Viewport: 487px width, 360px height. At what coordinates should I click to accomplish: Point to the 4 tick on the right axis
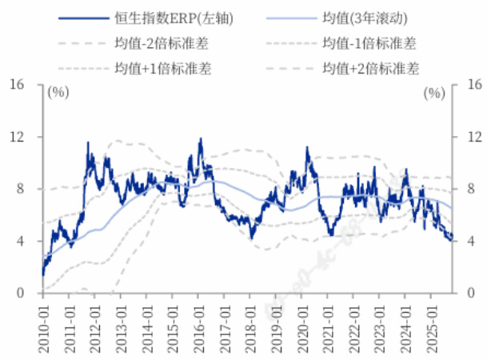pos(469,241)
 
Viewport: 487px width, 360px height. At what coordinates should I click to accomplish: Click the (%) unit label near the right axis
pos(433,93)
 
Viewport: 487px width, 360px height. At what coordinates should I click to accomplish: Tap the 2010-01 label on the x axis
pos(42,318)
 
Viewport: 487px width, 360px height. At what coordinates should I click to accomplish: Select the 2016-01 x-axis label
pos(198,318)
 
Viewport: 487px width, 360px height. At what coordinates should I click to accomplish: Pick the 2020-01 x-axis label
pos(301,318)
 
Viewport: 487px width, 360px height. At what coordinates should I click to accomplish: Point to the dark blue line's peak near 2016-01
pos(200,139)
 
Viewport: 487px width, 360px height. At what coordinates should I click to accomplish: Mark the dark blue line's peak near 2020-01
pos(306,147)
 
